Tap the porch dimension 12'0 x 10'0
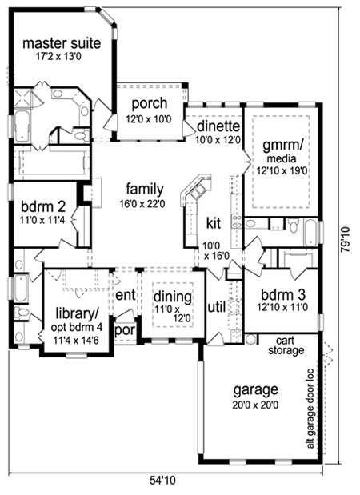[x=149, y=119]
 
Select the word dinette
[x=218, y=126]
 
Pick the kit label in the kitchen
[x=213, y=223]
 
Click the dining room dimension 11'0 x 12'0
[x=173, y=313]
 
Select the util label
[x=216, y=307]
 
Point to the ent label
[x=126, y=296]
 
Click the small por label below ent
[x=125, y=331]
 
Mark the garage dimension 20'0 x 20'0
[x=255, y=405]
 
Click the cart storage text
[x=286, y=345]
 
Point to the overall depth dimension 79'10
[x=346, y=239]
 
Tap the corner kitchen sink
[x=198, y=190]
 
